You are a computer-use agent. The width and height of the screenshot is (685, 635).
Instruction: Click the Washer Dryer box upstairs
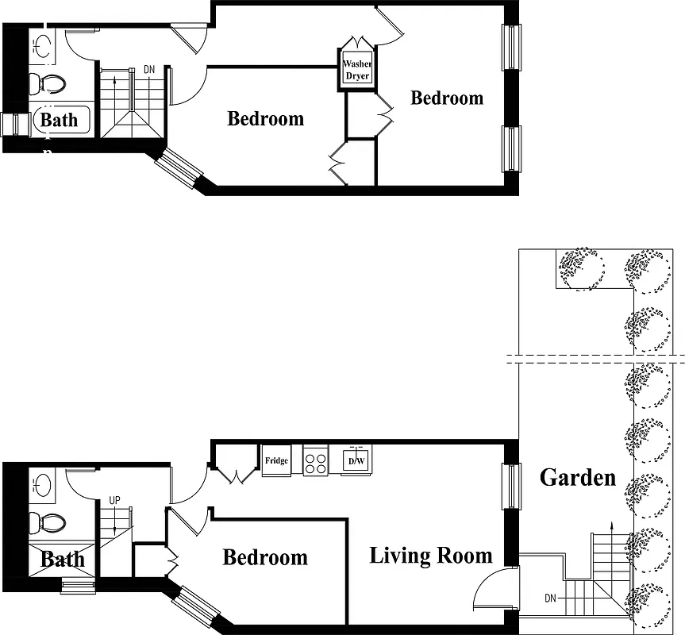click(x=357, y=70)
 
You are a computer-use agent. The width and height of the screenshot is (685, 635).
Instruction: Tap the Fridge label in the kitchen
click(x=276, y=460)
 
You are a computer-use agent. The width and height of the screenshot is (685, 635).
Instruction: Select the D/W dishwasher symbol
click(x=356, y=460)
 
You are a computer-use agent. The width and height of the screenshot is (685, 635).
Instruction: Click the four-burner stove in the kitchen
click(x=315, y=460)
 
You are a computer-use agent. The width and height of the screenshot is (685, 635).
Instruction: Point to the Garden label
click(x=577, y=478)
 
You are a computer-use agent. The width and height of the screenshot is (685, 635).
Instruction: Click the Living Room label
click(x=430, y=556)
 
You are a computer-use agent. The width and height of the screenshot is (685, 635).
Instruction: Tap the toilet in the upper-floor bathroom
click(x=50, y=83)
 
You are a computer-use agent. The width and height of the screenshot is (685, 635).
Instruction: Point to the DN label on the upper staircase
click(x=149, y=70)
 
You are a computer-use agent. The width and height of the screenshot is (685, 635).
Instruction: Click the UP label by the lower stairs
click(x=115, y=501)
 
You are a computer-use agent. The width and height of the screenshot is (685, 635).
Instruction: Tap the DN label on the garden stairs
click(x=550, y=598)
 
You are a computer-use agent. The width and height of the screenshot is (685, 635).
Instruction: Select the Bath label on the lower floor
click(x=62, y=560)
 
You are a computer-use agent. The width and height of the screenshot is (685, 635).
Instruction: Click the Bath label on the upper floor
click(x=60, y=121)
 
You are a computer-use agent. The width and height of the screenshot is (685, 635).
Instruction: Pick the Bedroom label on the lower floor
click(x=265, y=557)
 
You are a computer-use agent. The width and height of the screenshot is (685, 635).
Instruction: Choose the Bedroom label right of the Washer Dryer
click(x=447, y=98)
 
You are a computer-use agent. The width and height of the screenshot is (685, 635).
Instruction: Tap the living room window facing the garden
click(x=511, y=487)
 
